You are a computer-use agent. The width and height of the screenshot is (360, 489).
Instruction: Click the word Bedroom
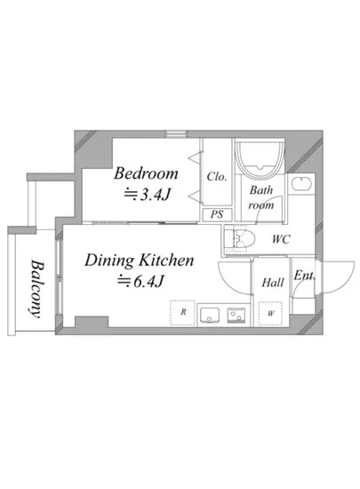click(x=146, y=173)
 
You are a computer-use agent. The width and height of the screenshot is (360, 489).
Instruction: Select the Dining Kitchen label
click(x=140, y=261)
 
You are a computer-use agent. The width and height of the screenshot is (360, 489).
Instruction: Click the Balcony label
click(x=37, y=289)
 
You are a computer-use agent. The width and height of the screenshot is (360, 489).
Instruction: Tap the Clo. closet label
click(x=217, y=177)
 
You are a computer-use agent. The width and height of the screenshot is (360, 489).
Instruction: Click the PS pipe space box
click(x=217, y=214)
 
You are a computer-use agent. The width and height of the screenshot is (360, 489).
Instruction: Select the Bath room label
click(x=261, y=197)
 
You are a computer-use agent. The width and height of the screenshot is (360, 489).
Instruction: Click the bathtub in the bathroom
click(x=260, y=159)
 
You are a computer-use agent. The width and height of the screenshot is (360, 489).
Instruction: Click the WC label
click(x=281, y=239)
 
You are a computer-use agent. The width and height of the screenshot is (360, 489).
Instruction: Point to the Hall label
click(x=273, y=283)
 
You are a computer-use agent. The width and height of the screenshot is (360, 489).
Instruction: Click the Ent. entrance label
click(x=304, y=276)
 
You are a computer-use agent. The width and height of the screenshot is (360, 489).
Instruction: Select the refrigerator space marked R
click(x=182, y=313)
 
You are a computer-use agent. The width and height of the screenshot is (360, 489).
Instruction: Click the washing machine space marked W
click(x=271, y=314)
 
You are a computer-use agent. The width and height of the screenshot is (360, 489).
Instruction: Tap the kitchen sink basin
click(x=210, y=315)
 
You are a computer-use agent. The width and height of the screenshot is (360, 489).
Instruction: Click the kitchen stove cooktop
click(x=236, y=315)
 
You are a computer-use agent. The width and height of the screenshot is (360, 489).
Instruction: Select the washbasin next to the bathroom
click(x=302, y=183)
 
